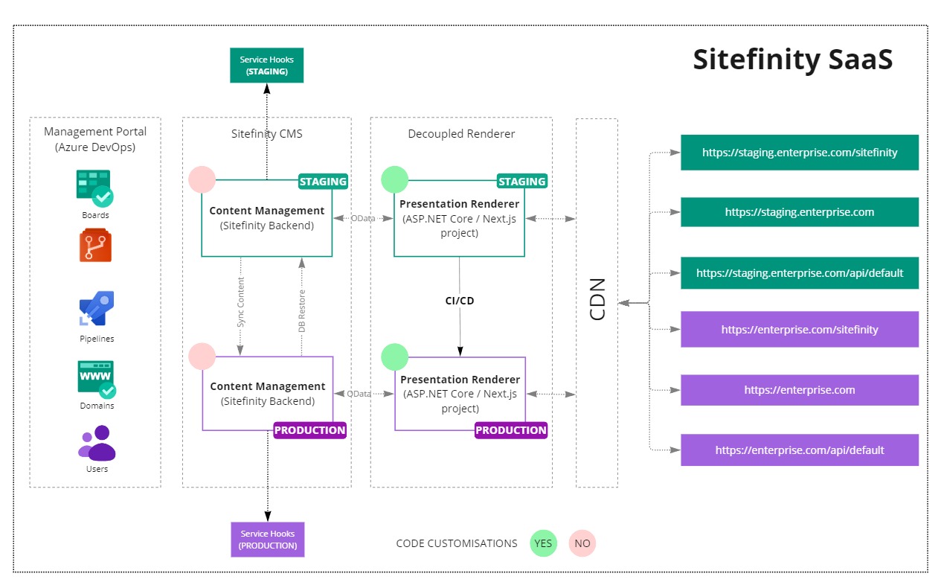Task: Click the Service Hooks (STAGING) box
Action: [267, 65]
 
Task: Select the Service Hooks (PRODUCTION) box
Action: [268, 540]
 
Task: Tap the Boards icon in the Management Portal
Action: [94, 188]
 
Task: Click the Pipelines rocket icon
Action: [96, 308]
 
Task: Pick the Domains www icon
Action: [97, 379]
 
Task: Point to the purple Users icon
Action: [97, 444]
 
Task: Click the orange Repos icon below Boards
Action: [95, 246]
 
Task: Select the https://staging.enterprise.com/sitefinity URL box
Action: [800, 153]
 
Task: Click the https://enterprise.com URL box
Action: [800, 390]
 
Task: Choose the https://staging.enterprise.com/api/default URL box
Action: [800, 273]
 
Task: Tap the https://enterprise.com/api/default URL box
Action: [800, 450]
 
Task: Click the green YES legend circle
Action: [544, 543]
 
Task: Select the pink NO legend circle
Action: [582, 543]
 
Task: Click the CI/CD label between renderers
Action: [459, 301]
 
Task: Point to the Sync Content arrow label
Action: [240, 303]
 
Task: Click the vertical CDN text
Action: [597, 299]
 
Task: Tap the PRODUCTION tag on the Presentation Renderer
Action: [511, 430]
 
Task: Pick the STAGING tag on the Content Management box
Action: [323, 182]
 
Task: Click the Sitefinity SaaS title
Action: [792, 60]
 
